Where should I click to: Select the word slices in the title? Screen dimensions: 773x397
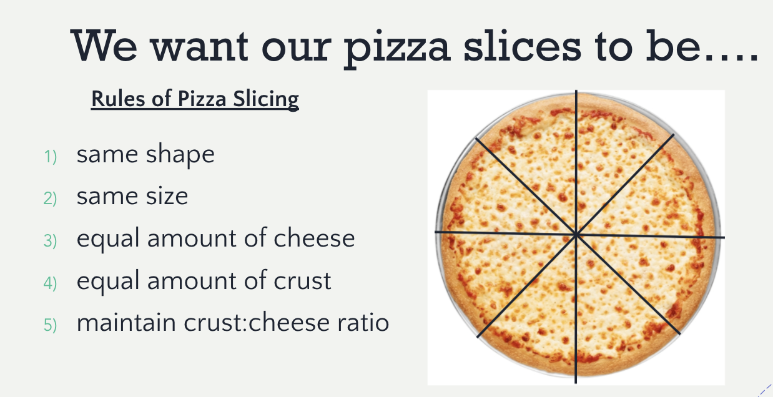[x=523, y=46]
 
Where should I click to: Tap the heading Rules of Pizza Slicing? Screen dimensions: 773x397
[x=195, y=100]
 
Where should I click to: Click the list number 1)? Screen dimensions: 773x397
[x=51, y=156]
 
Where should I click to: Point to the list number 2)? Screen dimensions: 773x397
[x=51, y=198]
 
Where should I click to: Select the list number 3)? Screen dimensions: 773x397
[x=51, y=240]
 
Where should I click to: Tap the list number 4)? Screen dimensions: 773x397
[x=51, y=283]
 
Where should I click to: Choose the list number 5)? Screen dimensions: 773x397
[x=51, y=325]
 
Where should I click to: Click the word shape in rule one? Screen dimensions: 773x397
[x=180, y=155]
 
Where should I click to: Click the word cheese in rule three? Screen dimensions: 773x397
[x=314, y=238]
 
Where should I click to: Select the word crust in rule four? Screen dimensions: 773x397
[x=302, y=280]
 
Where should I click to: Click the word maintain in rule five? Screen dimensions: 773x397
[x=127, y=322]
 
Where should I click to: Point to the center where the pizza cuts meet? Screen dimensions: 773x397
[x=576, y=235]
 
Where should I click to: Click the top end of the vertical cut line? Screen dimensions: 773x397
[x=576, y=91]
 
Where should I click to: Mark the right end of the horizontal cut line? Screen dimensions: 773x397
[x=724, y=237]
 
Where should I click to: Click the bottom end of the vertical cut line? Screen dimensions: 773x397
[x=576, y=383]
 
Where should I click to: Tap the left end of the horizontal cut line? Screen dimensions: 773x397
[x=435, y=232]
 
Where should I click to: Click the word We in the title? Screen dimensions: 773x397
[x=104, y=46]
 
